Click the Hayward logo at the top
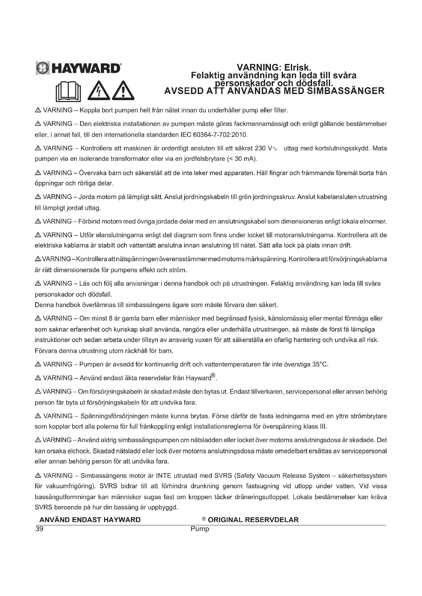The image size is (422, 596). click(78, 68)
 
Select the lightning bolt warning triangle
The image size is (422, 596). click(99, 91)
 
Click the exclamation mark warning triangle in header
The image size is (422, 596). click(123, 91)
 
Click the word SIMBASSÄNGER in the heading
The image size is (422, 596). click(346, 91)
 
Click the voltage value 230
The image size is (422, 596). click(260, 149)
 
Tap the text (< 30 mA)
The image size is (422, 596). click(242, 159)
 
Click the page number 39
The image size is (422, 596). click(40, 529)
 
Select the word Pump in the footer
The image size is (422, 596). click(200, 529)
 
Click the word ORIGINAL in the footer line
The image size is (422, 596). click(225, 520)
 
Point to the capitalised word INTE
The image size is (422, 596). click(164, 476)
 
